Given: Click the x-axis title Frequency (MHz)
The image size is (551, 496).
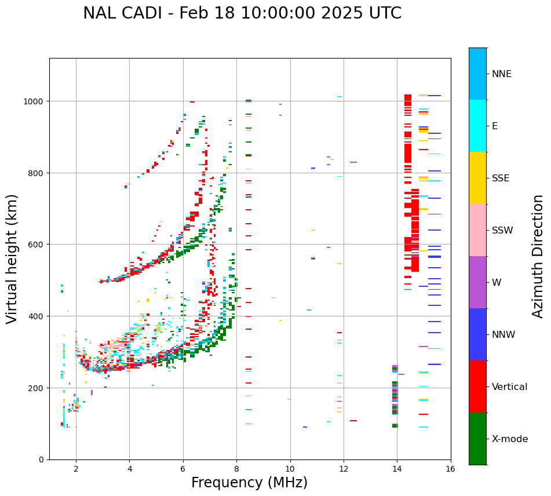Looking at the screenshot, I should point(249,483).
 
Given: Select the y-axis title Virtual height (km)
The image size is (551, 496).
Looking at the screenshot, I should point(12,258).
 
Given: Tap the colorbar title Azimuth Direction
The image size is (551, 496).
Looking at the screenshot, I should point(538,256).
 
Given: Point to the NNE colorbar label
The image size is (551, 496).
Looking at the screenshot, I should point(502,74).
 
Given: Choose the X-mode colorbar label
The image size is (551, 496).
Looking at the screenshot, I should point(510,439).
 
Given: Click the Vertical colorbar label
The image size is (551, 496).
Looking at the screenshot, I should point(510,387).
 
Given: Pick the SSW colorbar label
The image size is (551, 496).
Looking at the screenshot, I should point(502,231).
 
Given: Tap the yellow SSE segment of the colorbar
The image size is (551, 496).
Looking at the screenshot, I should point(477,178).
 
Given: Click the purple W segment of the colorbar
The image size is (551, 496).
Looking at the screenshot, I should point(477,282).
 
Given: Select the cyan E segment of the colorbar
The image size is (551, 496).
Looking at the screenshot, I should point(477,126).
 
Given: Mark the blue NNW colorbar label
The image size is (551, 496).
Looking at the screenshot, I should point(504,335).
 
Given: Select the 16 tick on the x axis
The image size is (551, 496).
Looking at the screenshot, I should point(451,470).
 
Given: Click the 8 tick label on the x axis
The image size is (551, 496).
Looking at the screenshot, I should point(236,470).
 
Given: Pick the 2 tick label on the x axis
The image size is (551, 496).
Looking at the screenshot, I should point(76,470).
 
